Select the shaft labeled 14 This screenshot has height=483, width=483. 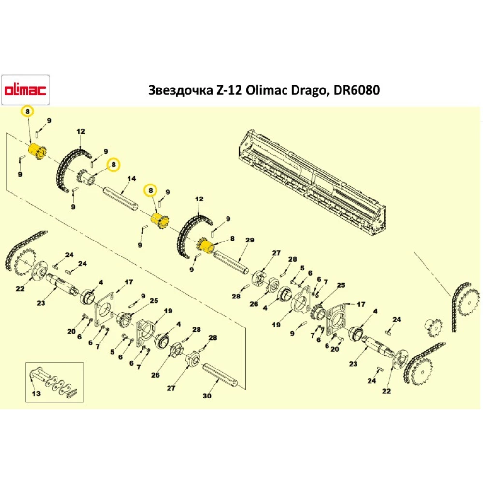[x=121, y=199]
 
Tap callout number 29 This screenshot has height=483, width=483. [x=250, y=240]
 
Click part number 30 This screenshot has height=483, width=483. [x=207, y=396]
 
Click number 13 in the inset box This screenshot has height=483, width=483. [x=37, y=394]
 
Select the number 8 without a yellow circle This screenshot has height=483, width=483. [x=232, y=238]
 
